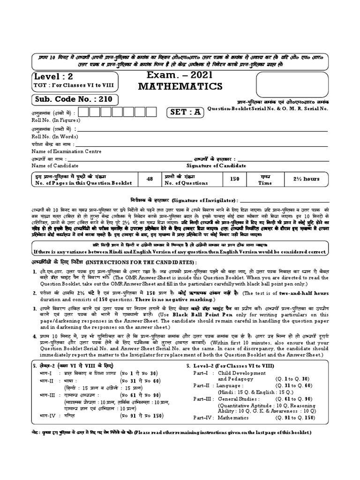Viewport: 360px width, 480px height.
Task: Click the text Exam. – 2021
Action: (180, 74)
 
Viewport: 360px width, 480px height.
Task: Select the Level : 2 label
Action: (54, 76)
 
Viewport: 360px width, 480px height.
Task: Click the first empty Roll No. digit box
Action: (84, 112)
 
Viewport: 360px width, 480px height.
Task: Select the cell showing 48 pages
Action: (150, 179)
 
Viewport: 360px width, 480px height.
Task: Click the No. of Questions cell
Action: (189, 179)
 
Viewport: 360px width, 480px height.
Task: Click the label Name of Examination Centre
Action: (65, 151)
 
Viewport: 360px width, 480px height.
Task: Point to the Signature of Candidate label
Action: (216, 166)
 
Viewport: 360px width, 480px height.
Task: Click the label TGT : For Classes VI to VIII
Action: (73, 85)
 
